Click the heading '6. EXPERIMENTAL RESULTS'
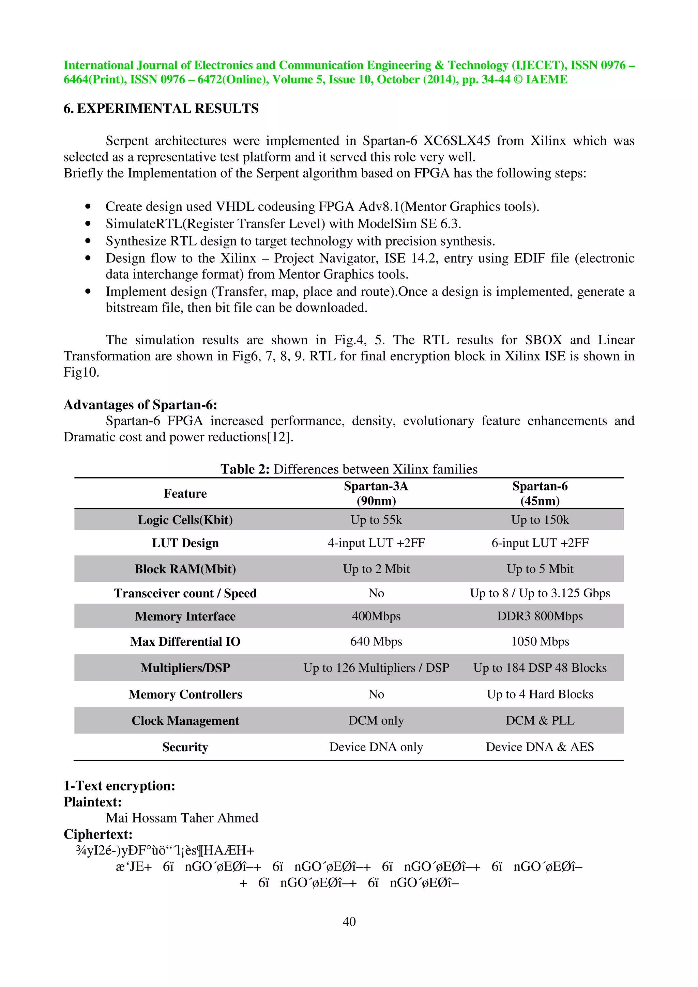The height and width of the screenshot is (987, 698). [161, 108]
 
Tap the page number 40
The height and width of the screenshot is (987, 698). [349, 921]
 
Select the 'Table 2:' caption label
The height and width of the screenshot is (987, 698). [245, 469]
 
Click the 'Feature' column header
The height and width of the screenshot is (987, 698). [185, 493]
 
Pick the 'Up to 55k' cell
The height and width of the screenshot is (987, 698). [376, 520]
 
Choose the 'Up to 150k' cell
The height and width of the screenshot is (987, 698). [540, 520]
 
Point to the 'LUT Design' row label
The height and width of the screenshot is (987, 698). [185, 543]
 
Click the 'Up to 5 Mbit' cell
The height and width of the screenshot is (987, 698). [540, 569]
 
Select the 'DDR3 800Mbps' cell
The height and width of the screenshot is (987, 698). [540, 616]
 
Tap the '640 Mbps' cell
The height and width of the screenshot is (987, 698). [376, 641]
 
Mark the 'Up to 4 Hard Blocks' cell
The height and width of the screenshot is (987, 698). [540, 694]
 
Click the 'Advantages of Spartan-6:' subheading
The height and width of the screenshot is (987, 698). [140, 405]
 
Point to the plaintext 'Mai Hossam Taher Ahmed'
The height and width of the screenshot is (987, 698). [182, 818]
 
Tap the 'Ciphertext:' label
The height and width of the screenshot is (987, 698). [98, 834]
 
